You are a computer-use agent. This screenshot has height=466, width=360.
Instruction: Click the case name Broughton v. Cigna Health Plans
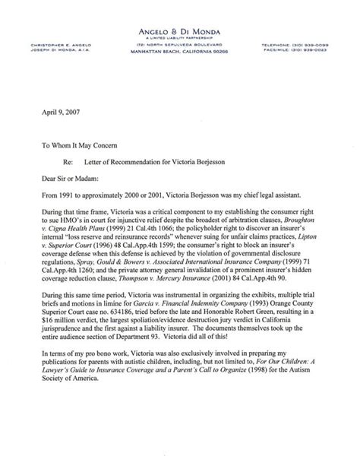(296, 225)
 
